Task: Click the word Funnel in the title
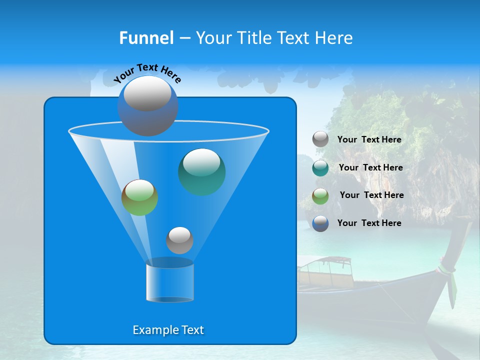146,38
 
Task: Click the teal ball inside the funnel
201,172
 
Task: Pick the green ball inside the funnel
139,197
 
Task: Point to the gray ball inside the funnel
179,240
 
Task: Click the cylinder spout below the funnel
169,281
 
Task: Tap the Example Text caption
168,330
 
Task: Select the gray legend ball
320,139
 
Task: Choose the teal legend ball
320,167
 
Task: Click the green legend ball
320,195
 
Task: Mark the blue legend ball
320,223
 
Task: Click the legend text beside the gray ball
369,140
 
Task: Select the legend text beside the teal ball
370,167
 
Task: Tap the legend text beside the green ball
371,195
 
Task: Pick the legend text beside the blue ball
369,223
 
